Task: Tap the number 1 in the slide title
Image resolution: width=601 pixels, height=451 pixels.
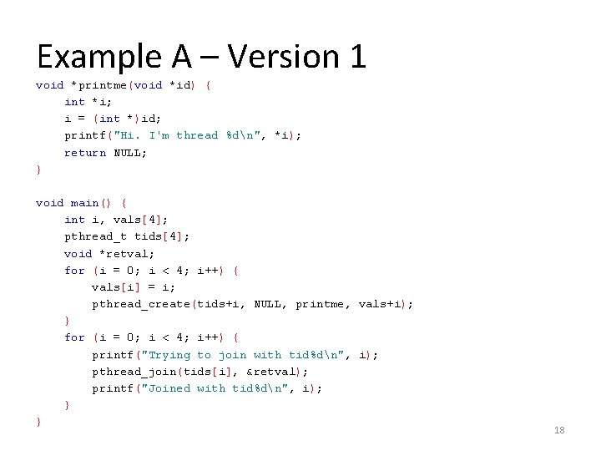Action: pos(356,57)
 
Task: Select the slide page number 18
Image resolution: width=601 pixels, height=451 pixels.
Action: pos(559,430)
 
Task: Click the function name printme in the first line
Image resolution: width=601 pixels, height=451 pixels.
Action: pos(103,85)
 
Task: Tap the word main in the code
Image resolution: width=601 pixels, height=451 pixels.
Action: pos(84,203)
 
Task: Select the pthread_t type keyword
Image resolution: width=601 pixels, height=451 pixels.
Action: pos(96,237)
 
